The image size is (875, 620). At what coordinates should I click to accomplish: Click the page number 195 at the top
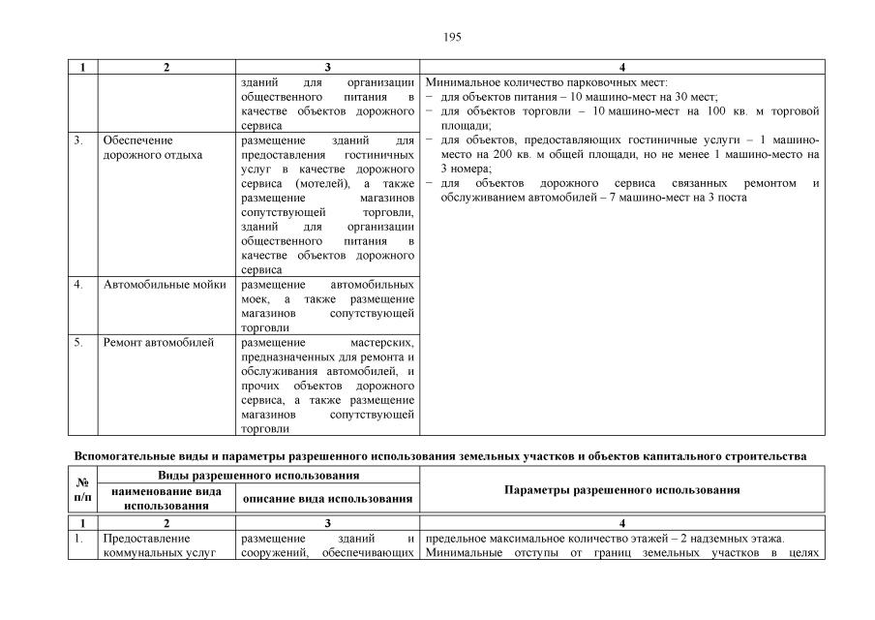click(x=453, y=37)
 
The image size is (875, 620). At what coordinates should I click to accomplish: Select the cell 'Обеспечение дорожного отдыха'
click(x=152, y=147)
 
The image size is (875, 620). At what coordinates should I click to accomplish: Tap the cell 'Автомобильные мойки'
click(x=164, y=285)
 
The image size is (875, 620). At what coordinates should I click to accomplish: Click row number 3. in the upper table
click(x=78, y=140)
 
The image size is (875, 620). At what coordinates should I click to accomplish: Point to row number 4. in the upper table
click(x=78, y=285)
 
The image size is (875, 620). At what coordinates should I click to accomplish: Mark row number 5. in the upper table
click(x=78, y=342)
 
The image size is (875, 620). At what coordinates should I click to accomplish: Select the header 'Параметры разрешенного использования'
click(x=622, y=490)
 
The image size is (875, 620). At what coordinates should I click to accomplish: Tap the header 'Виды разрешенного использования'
click(x=259, y=476)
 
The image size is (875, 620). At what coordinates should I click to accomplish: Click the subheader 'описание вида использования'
click(x=327, y=498)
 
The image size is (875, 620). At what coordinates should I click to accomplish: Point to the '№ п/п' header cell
click(x=83, y=490)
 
